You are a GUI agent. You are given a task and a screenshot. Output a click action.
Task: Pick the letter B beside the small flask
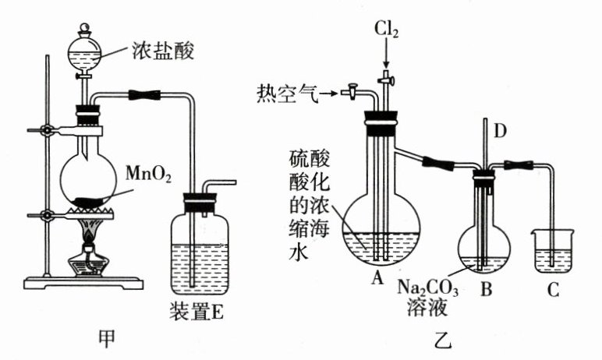coord(486,291)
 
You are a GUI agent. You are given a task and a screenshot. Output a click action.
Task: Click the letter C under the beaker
coord(554,291)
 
